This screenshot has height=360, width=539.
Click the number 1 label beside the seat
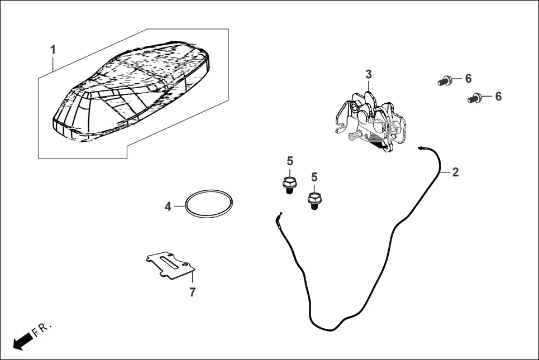click(53, 50)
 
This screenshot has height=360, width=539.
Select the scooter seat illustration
click(131, 91)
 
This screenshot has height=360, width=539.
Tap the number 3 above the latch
click(369, 74)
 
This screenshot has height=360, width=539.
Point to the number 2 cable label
click(455, 172)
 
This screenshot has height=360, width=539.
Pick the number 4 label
click(168, 207)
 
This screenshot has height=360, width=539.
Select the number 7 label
click(193, 292)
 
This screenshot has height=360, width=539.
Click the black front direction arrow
click(23, 341)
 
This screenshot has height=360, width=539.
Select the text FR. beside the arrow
click(41, 329)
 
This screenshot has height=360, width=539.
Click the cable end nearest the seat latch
click(420, 148)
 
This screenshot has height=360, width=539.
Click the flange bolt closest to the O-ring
click(289, 185)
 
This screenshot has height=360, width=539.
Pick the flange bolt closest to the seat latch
click(313, 201)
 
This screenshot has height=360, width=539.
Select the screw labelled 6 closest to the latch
click(445, 81)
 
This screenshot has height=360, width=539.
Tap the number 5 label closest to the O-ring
click(290, 161)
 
